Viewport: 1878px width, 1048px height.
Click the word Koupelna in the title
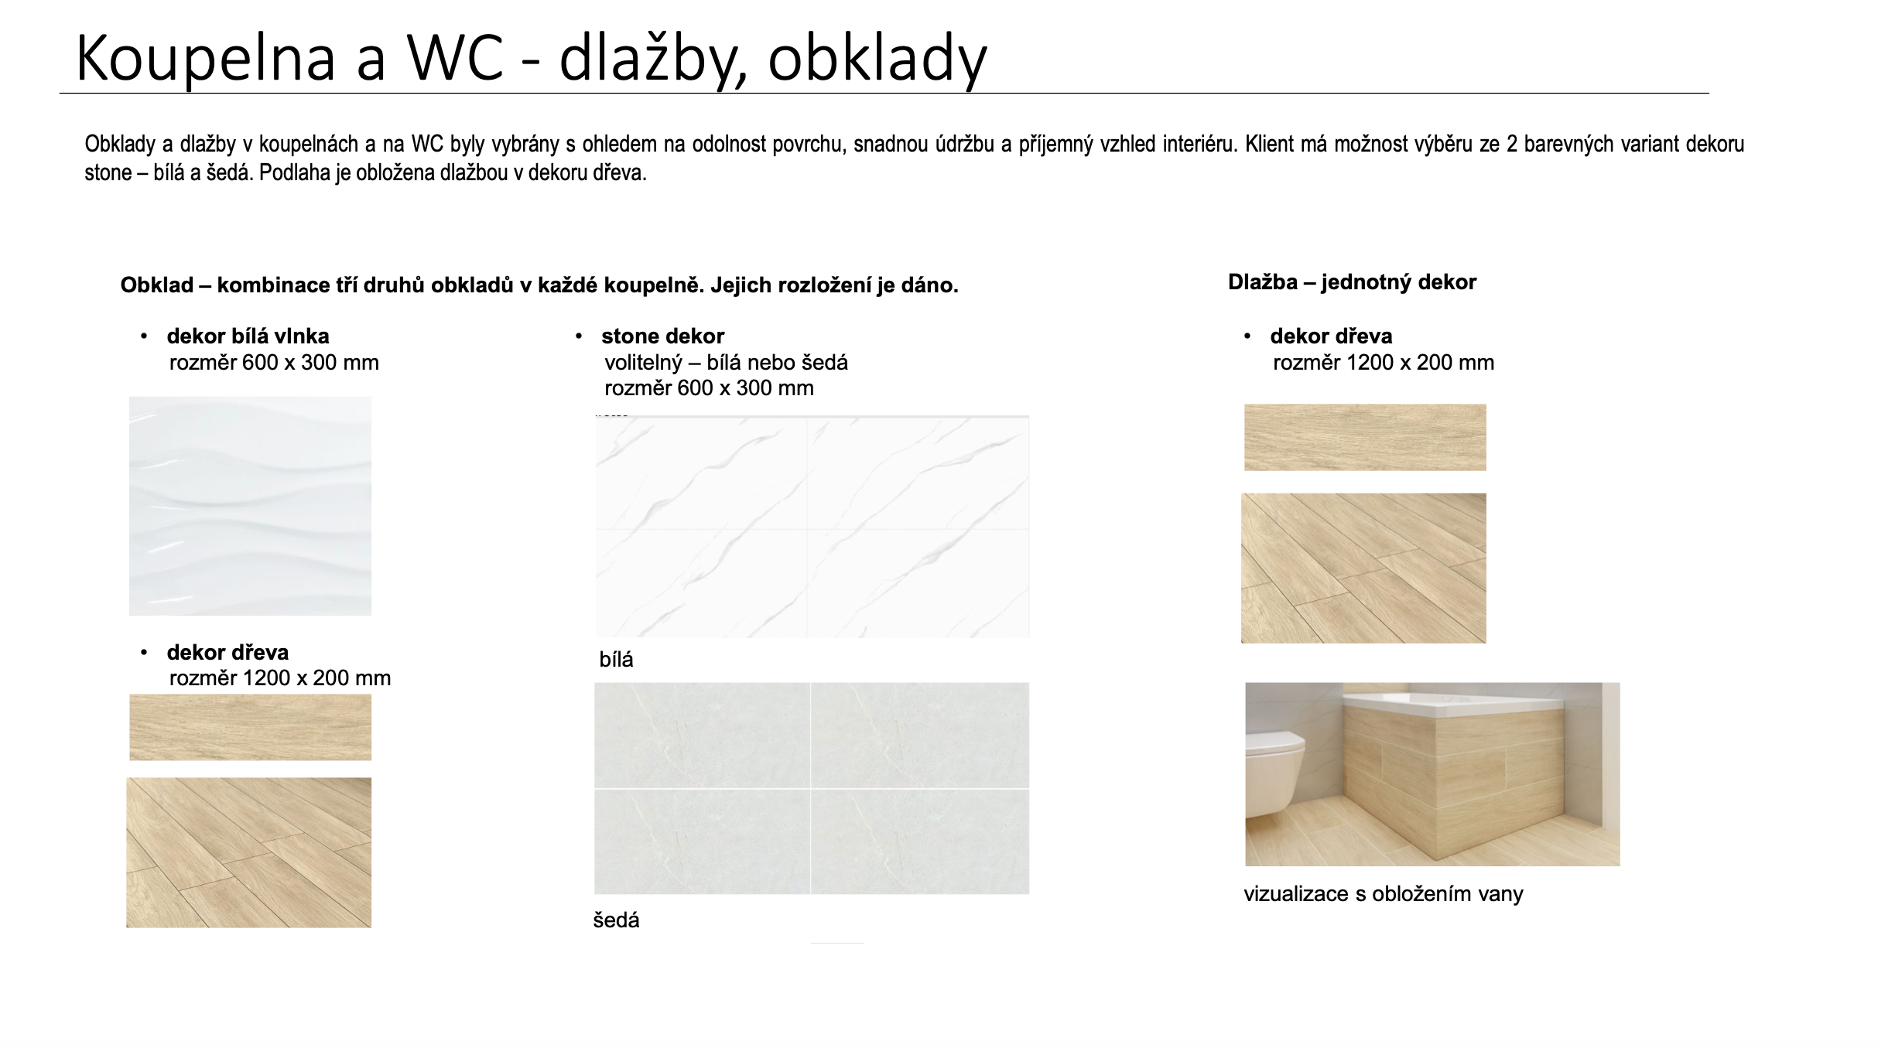[206, 58]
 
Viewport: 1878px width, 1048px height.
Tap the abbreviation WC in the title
[456, 58]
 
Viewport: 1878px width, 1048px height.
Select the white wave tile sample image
[250, 506]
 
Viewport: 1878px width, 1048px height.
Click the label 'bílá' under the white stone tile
[616, 660]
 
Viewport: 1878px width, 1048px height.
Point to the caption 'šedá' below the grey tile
[616, 920]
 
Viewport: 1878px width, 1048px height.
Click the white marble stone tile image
[812, 527]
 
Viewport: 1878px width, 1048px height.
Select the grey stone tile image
[812, 788]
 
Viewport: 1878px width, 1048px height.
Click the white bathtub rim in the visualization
[1455, 701]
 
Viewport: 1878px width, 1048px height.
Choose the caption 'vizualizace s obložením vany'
[1384, 894]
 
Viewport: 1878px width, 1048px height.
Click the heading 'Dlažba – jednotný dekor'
[1352, 282]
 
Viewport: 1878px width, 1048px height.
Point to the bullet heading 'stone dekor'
[662, 336]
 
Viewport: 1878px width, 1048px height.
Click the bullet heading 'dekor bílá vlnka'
[248, 336]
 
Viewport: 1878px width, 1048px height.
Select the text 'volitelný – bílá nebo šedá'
[726, 363]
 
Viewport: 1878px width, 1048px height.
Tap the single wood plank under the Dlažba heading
[1365, 437]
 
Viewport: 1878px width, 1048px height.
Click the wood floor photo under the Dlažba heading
[1363, 568]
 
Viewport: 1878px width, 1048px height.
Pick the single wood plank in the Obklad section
[250, 727]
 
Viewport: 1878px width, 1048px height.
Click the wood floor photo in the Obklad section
[248, 852]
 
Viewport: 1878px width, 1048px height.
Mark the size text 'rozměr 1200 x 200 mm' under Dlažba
[1384, 363]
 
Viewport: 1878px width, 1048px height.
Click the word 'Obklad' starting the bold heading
[157, 285]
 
